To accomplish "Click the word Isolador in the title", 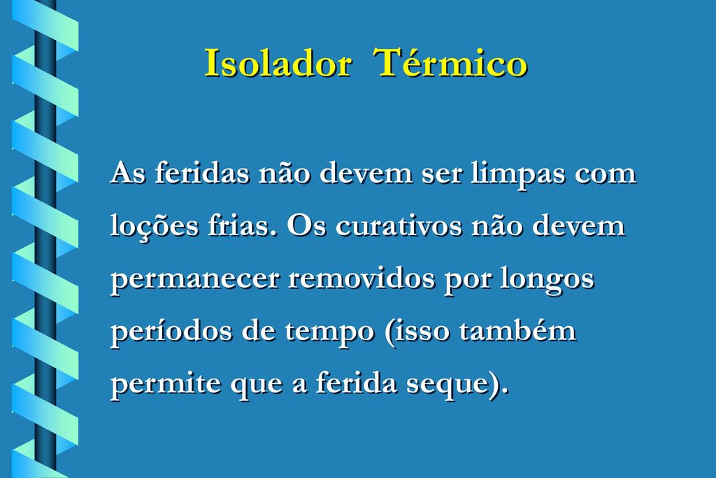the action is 278,62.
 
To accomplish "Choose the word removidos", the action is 361,277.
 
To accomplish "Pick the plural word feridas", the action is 202,173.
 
